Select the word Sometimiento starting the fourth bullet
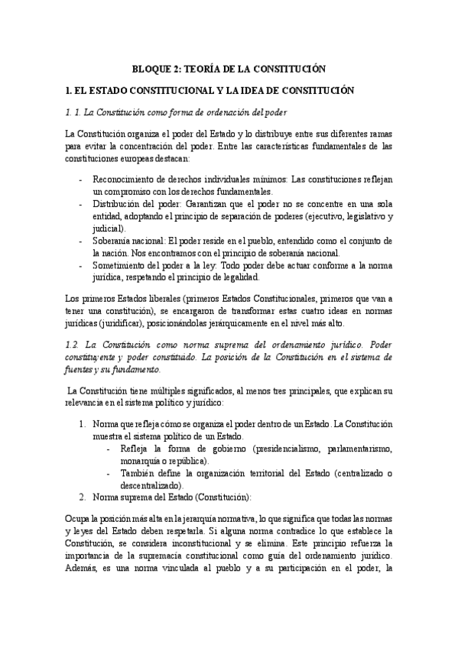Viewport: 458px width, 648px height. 120,265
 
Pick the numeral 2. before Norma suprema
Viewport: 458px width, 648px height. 83,497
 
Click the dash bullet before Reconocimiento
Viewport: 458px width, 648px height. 83,180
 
